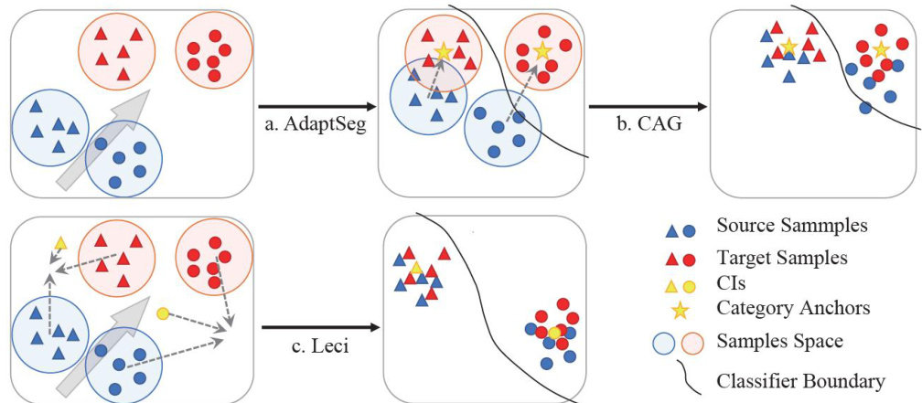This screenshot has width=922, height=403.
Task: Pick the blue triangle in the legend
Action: [x=671, y=232]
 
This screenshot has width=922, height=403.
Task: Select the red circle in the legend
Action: [x=690, y=260]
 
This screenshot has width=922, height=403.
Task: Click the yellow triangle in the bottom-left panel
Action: [x=60, y=243]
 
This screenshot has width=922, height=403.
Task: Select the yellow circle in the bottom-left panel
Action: [x=162, y=314]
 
